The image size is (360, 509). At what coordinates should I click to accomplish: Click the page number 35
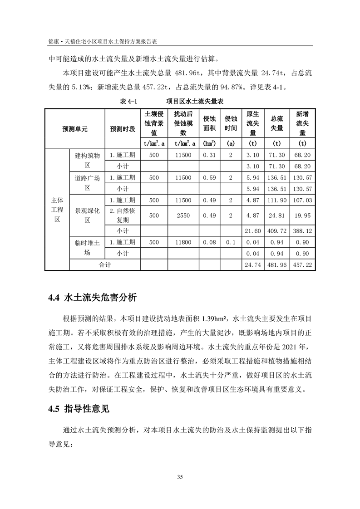(180, 477)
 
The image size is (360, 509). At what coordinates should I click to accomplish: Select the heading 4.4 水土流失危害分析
(92, 298)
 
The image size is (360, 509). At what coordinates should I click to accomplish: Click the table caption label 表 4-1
(128, 101)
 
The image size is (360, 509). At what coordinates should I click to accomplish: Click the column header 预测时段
(123, 129)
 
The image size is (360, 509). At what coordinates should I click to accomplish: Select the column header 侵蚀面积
(209, 123)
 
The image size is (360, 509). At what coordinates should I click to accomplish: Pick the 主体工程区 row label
(57, 209)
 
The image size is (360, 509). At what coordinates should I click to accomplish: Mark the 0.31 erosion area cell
(209, 155)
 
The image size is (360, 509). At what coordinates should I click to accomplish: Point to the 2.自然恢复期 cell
(123, 215)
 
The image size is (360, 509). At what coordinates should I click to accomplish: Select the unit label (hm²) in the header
(209, 144)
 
